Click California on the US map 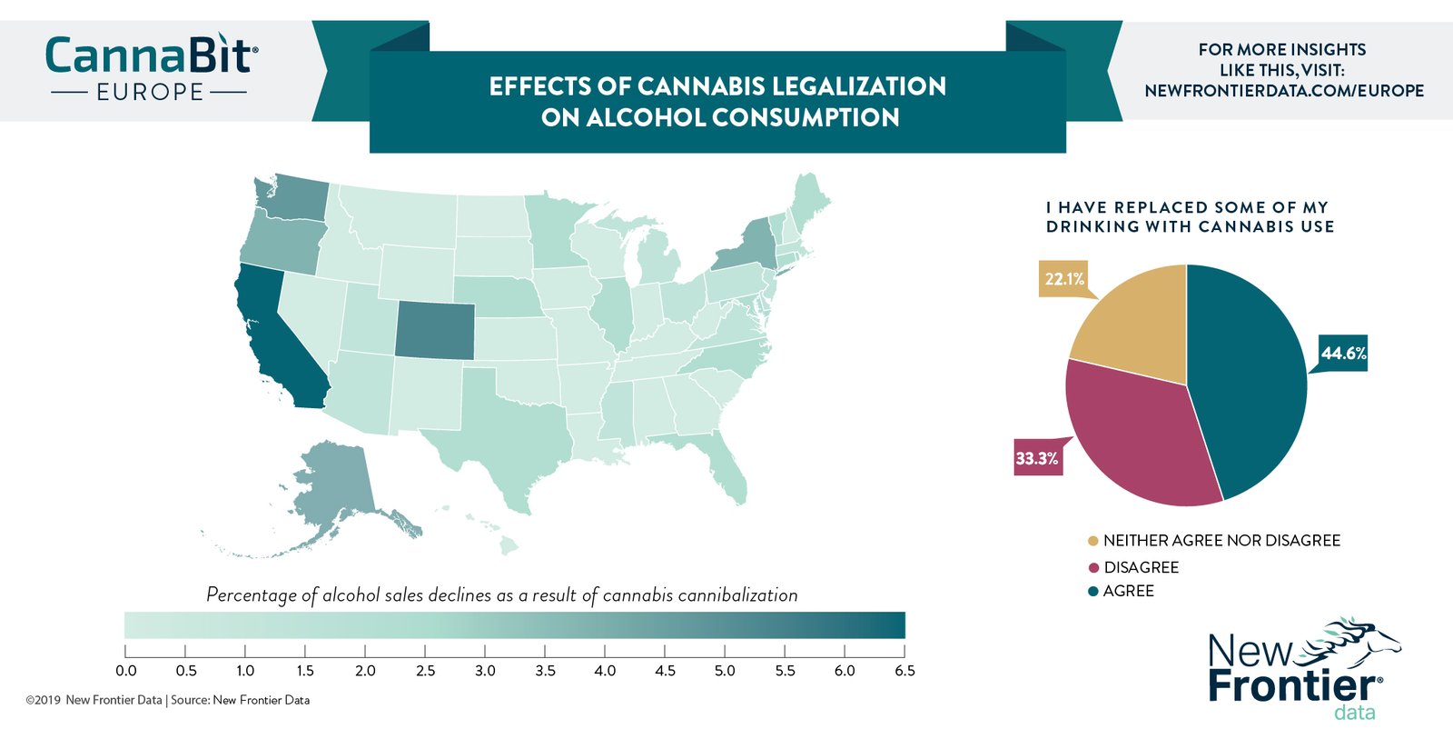pos(272,336)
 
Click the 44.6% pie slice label pos(1343,353)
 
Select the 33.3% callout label pos(1037,458)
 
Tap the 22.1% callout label pos(1063,279)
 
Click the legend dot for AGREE pos(1093,592)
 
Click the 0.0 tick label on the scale pos(126,671)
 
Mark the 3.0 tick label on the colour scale pos(485,671)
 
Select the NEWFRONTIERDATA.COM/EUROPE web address pos(1284,91)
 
